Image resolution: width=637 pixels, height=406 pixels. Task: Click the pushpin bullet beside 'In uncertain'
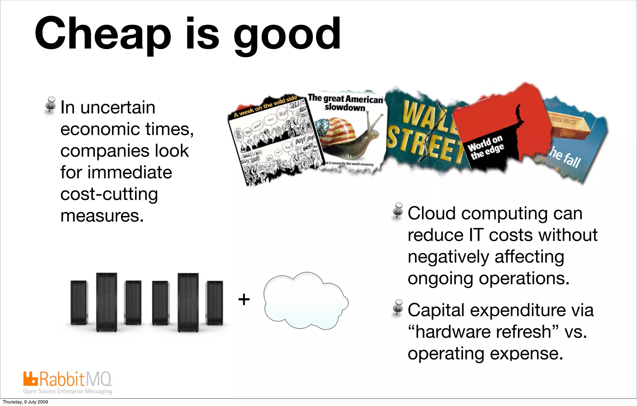(50, 105)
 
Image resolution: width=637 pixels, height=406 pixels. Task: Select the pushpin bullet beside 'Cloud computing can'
(398, 211)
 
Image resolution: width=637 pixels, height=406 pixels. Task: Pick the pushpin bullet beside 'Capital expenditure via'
(398, 308)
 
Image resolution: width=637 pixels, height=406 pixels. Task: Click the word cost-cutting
(109, 194)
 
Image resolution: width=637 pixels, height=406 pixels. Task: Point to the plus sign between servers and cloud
(244, 300)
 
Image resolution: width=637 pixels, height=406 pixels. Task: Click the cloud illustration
(305, 301)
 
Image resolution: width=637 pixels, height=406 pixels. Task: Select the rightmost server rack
(214, 303)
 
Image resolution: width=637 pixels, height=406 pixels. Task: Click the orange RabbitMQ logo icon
(30, 379)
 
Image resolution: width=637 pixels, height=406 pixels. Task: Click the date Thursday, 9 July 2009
(25, 402)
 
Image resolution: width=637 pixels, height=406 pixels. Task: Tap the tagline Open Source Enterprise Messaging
(67, 391)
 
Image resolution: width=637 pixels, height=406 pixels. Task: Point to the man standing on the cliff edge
(518, 114)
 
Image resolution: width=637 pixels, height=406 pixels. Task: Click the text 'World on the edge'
(486, 148)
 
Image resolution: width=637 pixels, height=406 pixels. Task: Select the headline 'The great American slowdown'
(345, 103)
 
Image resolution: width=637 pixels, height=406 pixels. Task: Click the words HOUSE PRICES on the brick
(563, 120)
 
